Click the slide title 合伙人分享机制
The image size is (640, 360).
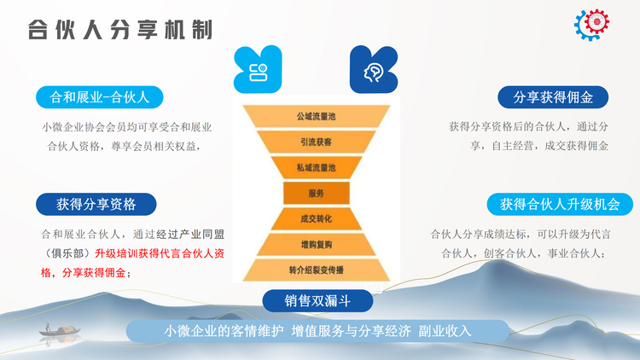pos(120,30)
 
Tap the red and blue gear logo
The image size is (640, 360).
pos(591,25)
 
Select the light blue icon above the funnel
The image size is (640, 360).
pos(258,69)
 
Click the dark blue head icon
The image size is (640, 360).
pos(374,69)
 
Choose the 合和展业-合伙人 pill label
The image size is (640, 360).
pos(100,97)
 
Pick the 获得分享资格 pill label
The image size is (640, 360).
pos(96,204)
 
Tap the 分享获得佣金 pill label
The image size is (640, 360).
pos(553,97)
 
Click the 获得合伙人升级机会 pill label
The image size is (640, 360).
pos(560,204)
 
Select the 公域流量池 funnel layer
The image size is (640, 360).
pos(317,116)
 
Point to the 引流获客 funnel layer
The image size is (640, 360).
pos(317,142)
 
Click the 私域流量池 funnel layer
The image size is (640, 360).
pos(317,168)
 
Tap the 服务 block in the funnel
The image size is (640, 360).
pos(317,193)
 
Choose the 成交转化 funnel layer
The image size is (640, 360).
pos(317,218)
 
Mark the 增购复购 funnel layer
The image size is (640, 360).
pos(317,245)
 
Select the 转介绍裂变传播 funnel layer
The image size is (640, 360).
pos(317,270)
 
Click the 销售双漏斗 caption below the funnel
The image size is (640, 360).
pos(317,301)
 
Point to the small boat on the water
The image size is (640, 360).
pos(60,330)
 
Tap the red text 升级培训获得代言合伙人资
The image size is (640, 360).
pos(160,253)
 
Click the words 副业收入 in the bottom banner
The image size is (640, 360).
pos(445,331)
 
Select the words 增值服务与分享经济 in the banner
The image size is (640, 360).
pos(351,331)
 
